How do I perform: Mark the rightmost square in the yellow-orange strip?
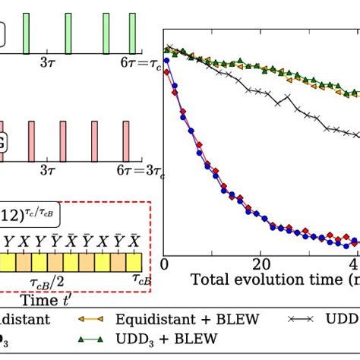pos(137,262)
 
